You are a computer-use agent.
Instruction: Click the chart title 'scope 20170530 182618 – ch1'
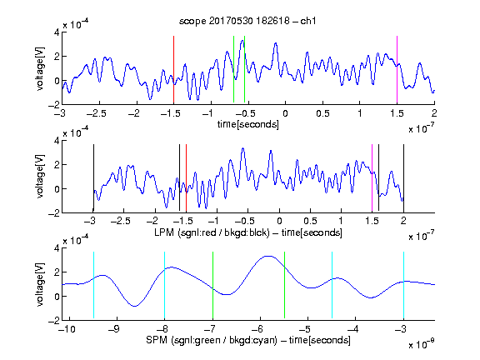click(x=247, y=21)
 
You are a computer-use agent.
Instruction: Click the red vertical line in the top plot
click(x=173, y=69)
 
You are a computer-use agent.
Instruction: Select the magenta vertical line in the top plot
click(x=397, y=69)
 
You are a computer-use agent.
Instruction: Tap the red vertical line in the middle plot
click(x=186, y=177)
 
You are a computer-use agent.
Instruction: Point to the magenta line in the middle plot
click(x=372, y=177)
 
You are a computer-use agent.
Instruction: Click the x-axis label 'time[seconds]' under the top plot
click(x=248, y=124)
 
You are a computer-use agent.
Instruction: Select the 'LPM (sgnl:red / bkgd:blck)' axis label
click(x=212, y=232)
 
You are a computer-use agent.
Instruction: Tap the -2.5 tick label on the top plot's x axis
click(x=96, y=113)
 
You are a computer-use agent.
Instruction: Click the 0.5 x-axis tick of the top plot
click(x=322, y=113)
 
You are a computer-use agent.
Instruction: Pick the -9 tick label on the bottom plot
click(x=114, y=329)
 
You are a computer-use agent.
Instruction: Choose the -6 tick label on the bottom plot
click(x=257, y=329)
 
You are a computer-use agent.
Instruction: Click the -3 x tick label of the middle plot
click(x=90, y=221)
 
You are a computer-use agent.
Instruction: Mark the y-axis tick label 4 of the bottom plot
click(x=57, y=248)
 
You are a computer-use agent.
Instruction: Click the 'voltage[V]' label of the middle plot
click(x=40, y=177)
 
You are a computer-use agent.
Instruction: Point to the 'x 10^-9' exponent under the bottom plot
click(x=421, y=344)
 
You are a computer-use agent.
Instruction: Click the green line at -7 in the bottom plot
click(x=212, y=285)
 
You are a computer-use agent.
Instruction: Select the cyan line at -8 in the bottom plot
click(x=164, y=285)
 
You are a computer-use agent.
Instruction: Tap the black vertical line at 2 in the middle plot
click(x=403, y=177)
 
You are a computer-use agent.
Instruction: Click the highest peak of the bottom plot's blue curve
click(x=268, y=256)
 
